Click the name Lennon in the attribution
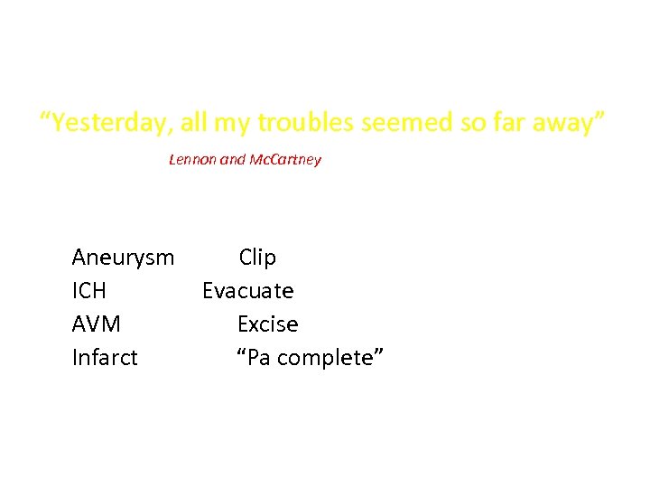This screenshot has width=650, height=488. click(193, 160)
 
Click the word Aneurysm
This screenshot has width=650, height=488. click(123, 258)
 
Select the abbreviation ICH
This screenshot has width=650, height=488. click(88, 291)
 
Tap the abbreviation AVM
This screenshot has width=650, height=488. click(96, 324)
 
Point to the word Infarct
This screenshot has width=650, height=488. click(105, 358)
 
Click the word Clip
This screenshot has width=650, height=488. click(257, 258)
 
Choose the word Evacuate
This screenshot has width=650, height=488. click(247, 291)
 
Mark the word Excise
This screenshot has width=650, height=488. click(267, 324)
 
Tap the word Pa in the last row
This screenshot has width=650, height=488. click(255, 358)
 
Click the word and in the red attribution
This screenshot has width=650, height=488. click(233, 160)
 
